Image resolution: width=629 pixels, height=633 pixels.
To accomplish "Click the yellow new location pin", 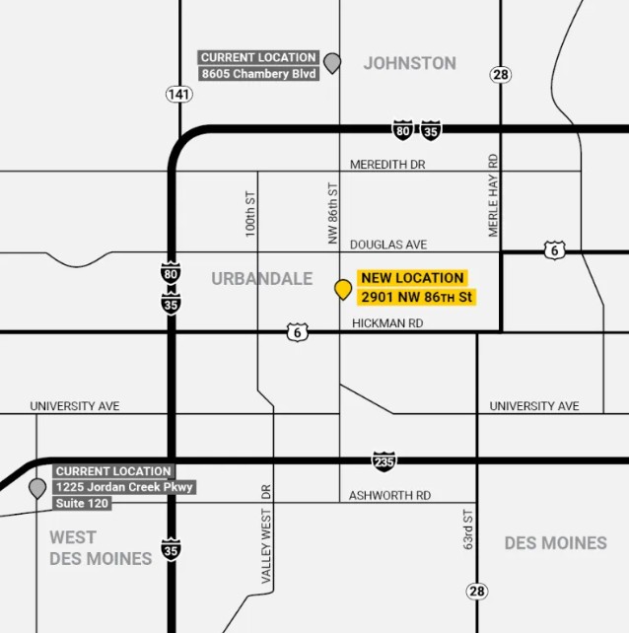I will [343, 288].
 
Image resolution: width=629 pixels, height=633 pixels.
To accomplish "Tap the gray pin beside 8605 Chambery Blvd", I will [332, 63].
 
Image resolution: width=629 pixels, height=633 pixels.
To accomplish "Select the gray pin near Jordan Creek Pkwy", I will [37, 487].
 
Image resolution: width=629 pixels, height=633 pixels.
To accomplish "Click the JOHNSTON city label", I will [409, 63].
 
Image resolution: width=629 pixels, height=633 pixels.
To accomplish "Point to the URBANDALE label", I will [261, 279].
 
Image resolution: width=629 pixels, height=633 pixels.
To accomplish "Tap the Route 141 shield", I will [178, 94].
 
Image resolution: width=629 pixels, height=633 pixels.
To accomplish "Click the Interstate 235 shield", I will [384, 460].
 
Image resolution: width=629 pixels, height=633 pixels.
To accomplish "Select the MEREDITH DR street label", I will [387, 165].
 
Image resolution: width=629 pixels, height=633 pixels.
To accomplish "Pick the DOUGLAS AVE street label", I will [388, 244].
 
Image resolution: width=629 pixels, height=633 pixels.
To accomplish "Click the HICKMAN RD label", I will [387, 322].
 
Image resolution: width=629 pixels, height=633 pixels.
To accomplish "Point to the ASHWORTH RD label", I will [389, 495].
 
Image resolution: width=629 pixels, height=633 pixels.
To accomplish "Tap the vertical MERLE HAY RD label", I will [494, 195].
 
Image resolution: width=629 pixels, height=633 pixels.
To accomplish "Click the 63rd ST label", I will [468, 529].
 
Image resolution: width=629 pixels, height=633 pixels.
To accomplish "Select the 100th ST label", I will [251, 213].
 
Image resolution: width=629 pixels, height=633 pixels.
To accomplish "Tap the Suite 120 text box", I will [82, 504].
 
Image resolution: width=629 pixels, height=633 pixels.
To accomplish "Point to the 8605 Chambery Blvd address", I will [259, 73].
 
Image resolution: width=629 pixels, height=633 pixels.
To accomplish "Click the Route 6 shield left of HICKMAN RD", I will [297, 332].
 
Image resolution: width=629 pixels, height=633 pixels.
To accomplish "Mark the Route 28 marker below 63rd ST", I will [477, 591].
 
